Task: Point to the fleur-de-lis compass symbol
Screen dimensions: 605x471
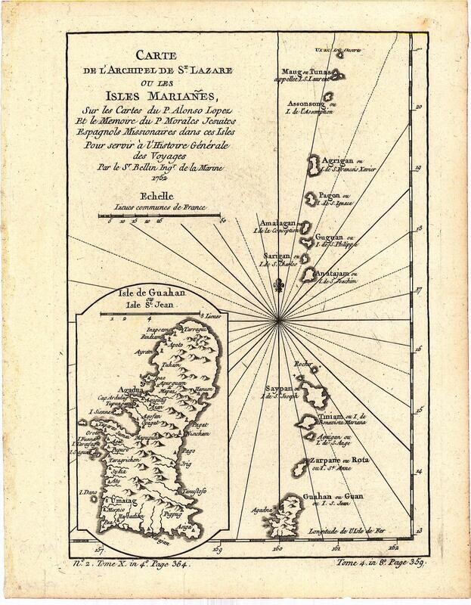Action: [279, 288]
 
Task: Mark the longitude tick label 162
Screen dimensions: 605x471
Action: [392, 548]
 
